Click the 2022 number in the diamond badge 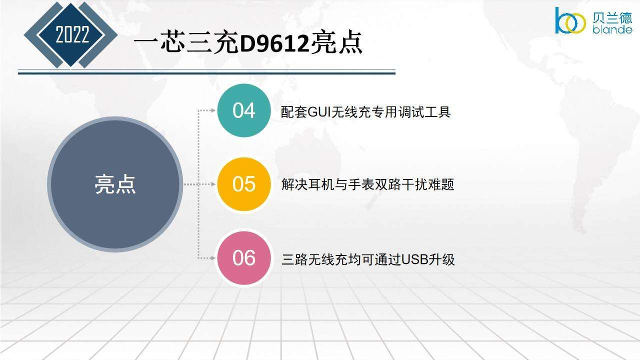[72, 34]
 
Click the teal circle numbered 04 [243, 110]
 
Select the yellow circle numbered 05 [243, 184]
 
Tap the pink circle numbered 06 [243, 258]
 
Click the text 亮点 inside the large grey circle [115, 184]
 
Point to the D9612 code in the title [274, 43]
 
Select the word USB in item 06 [415, 259]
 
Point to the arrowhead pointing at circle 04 [213, 110]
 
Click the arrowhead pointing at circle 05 [213, 184]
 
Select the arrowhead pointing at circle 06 [213, 258]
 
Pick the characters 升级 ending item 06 [441, 259]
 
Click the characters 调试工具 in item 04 [424, 111]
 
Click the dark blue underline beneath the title [206, 73]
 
